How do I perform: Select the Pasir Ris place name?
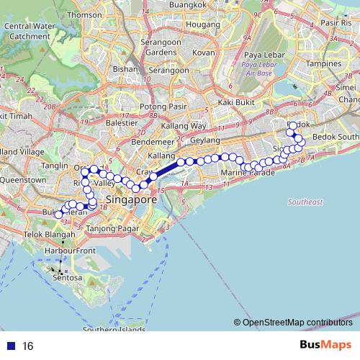pyautogui.click(x=337, y=23)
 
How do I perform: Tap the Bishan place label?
pyautogui.click(x=125, y=69)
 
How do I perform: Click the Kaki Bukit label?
pyautogui.click(x=239, y=103)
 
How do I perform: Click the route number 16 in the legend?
pyautogui.click(x=28, y=346)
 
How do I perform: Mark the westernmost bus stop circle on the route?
pyautogui.click(x=59, y=215)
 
